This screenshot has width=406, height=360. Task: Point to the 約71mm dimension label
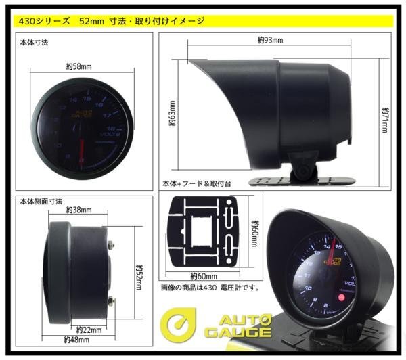click(384, 118)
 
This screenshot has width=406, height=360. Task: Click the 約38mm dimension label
click(78, 210)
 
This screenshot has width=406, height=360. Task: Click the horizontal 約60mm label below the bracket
click(204, 276)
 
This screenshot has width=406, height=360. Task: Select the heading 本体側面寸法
click(40, 200)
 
